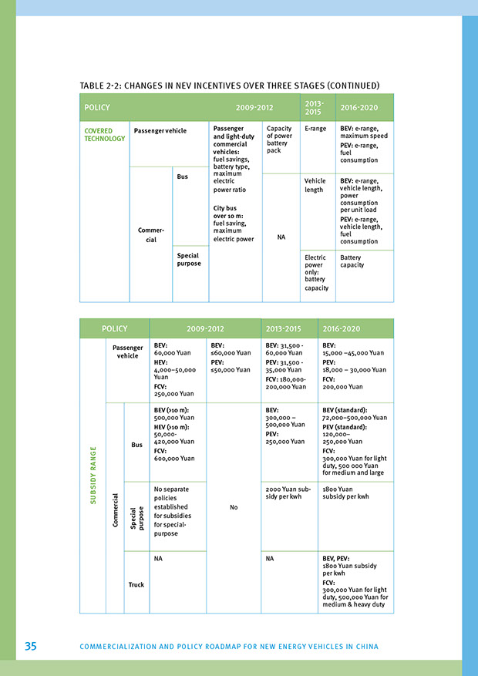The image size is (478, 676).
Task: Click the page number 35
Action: tap(30, 646)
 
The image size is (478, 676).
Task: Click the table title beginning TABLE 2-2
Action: tap(230, 85)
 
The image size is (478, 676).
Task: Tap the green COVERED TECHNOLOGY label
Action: tap(104, 134)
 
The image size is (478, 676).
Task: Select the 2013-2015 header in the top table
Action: tap(314, 107)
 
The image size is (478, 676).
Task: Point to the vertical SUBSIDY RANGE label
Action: tap(94, 476)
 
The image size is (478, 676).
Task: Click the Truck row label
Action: tap(136, 584)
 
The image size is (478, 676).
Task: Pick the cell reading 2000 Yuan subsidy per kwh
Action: tap(288, 493)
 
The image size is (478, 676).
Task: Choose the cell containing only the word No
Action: tap(233, 507)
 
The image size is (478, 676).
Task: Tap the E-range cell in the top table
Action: tap(315, 129)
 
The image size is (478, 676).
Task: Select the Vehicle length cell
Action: tap(315, 185)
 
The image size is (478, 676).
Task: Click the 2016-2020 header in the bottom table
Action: tap(342, 328)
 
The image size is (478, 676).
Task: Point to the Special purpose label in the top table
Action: tap(188, 259)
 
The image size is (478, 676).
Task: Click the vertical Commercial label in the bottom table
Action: tap(115, 510)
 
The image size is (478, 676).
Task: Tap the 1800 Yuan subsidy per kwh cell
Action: tap(346, 493)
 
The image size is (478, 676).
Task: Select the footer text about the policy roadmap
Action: tap(229, 647)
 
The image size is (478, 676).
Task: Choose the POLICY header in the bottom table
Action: tap(115, 328)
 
